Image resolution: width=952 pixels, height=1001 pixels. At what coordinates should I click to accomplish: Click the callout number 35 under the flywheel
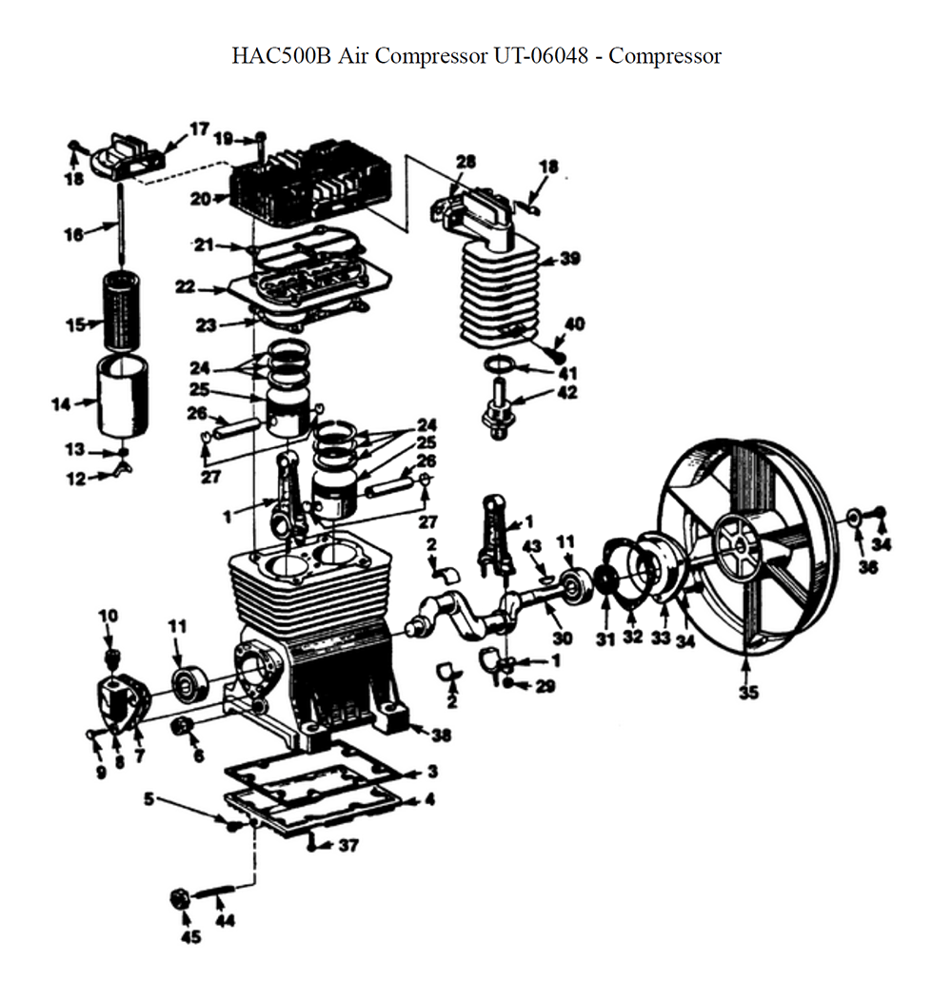click(x=749, y=693)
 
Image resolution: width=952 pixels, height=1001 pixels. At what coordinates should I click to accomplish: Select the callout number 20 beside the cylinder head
click(x=199, y=199)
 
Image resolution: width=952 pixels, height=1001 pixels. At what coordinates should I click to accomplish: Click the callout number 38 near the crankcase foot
click(x=441, y=735)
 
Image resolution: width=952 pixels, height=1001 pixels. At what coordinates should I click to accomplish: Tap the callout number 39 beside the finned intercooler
click(x=570, y=259)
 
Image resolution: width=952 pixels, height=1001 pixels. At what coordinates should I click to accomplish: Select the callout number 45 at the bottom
click(x=191, y=938)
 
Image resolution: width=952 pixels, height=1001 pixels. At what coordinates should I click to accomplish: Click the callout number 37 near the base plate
click(x=348, y=845)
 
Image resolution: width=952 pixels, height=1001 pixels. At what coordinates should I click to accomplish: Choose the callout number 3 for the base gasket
click(x=431, y=771)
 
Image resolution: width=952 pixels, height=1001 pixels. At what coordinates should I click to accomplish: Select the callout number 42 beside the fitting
click(x=567, y=392)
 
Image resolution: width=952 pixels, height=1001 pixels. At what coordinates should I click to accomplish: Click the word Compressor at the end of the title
click(x=664, y=55)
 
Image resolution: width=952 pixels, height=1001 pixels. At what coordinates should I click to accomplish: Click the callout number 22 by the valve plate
click(x=185, y=285)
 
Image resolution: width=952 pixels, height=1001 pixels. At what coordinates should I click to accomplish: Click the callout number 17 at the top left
click(x=198, y=128)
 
